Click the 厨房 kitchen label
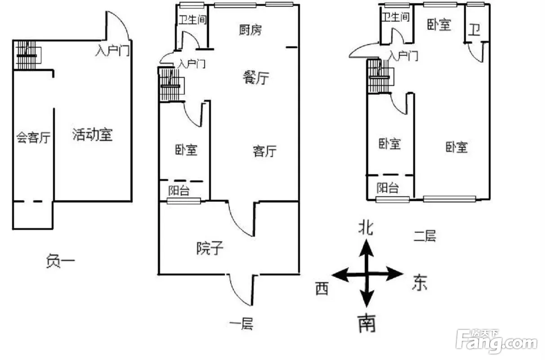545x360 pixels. pos(250,30)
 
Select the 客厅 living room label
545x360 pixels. pos(264,151)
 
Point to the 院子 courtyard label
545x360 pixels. pos(210,248)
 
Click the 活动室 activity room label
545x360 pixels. pos(92,135)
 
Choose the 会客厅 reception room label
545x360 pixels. pos(33,137)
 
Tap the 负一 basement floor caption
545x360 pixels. pos(60,261)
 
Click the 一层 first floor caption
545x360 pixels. pos(241,324)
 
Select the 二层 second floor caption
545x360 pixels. pos(424,235)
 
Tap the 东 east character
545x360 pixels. pos(420,283)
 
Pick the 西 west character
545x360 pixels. pos(322,288)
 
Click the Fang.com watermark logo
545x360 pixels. pos(496,342)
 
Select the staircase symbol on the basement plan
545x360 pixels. pos(27,55)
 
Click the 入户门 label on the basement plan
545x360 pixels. pos(112,50)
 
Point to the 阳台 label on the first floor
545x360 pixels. pos(179,190)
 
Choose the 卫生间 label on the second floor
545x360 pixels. pos(396,17)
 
